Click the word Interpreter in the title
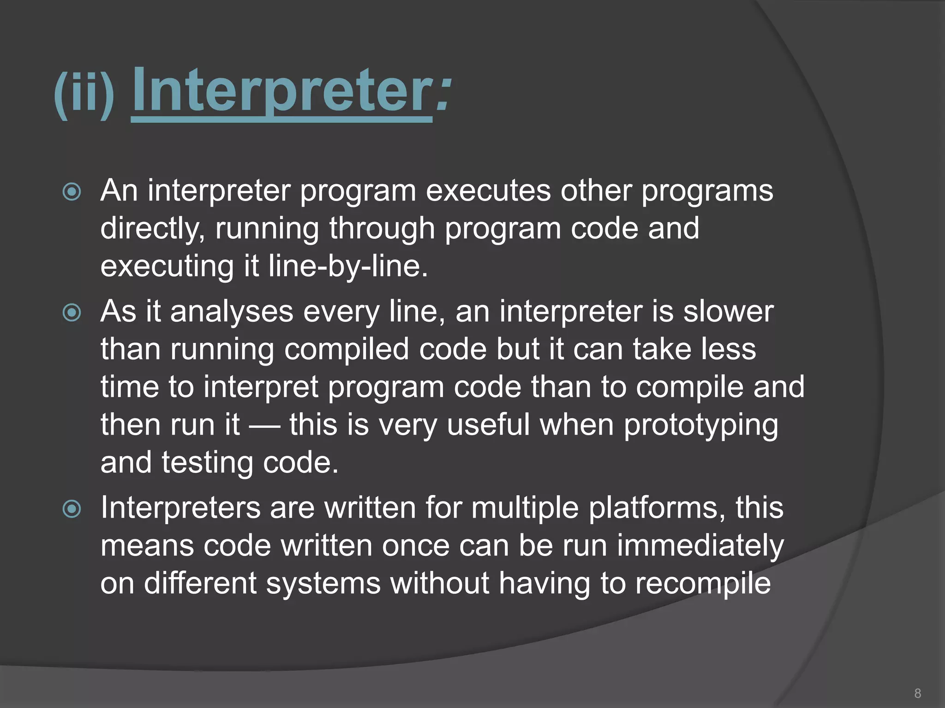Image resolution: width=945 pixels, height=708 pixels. pos(281,90)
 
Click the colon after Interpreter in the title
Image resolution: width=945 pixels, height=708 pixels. pos(442,92)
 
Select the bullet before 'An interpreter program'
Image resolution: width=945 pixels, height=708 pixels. pos(72,192)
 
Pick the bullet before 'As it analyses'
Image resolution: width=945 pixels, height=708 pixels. pos(72,313)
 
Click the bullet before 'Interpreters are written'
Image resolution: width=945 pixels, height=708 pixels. pos(72,509)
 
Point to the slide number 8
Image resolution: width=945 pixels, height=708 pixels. pos(917,693)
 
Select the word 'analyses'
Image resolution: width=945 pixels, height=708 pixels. pos(232,312)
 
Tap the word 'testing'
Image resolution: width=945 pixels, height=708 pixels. pos(207,463)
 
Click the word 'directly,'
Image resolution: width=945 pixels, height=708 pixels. pos(153,229)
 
